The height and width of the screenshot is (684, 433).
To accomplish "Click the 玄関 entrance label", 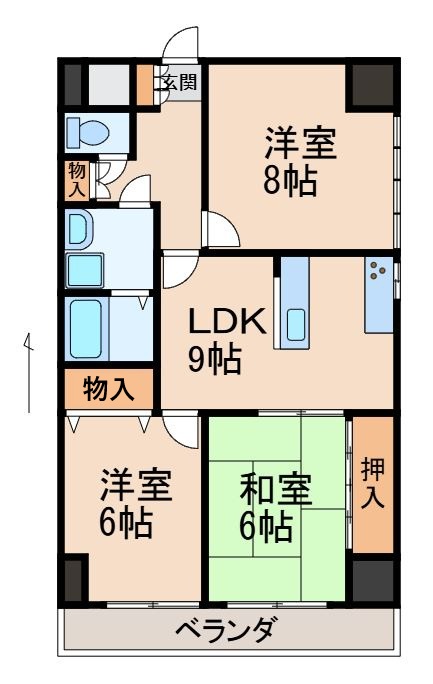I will click(179, 82).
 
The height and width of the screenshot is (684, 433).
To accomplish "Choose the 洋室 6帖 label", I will click(135, 505).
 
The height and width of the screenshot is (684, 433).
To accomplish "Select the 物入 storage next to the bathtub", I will click(108, 388).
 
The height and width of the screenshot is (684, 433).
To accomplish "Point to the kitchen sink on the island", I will click(296, 324).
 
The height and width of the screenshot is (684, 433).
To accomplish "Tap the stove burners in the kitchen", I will click(378, 270).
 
